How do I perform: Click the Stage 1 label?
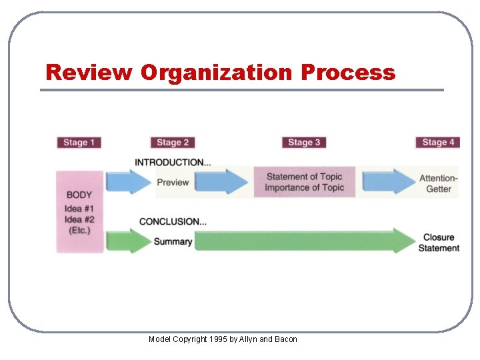tap(79, 142)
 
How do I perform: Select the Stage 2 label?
tap(173, 142)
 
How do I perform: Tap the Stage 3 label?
tap(304, 142)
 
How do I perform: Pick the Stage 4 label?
tap(438, 142)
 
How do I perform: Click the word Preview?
tap(173, 182)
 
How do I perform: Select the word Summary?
tap(173, 241)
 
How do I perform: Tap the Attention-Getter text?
tap(439, 183)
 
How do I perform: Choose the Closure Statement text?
tap(439, 243)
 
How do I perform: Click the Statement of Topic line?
tap(304, 177)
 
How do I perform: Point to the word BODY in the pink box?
tap(79, 195)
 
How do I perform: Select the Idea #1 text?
tap(79, 208)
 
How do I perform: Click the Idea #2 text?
tap(79, 219)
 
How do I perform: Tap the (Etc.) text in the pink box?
tap(79, 231)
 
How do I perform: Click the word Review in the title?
tap(89, 72)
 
